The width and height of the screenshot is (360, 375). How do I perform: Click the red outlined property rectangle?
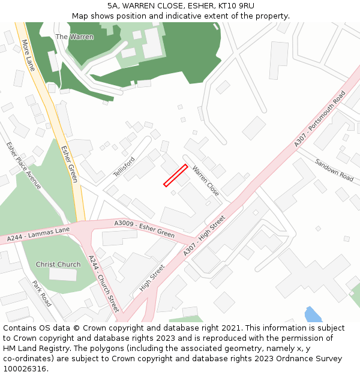point(176,175)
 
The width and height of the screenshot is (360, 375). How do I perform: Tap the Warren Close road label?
point(206,181)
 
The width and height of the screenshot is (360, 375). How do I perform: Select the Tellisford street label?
point(124,167)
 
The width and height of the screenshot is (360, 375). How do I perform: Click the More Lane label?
point(28,55)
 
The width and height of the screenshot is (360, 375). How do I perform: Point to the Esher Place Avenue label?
point(23,166)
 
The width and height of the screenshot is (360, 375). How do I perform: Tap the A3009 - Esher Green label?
point(144,229)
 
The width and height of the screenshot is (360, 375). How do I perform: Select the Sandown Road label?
point(334,170)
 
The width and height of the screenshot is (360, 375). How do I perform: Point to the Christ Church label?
point(58,265)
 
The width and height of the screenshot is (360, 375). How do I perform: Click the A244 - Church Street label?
point(104,284)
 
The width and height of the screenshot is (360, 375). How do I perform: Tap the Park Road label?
point(41,293)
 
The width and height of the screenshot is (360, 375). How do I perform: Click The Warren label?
point(74,37)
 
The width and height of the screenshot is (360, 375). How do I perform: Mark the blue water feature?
point(313,314)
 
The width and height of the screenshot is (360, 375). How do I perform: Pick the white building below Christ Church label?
point(63,275)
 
